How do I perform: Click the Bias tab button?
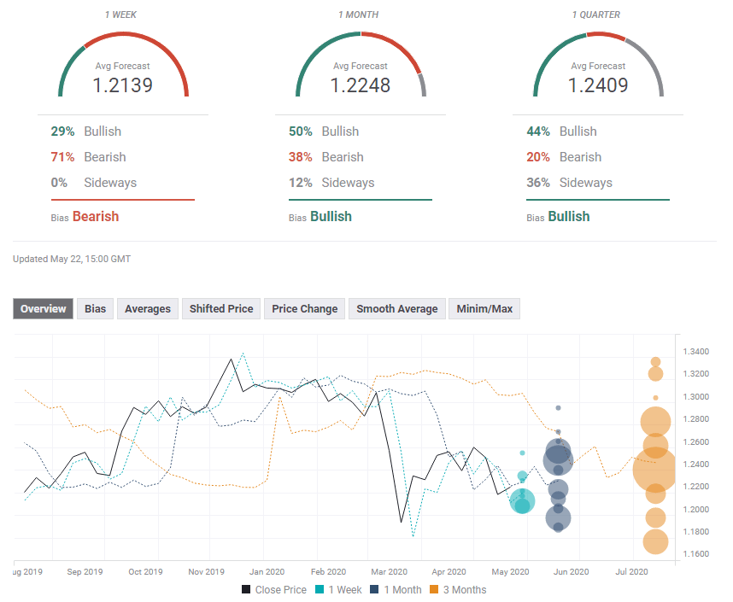(x=95, y=308)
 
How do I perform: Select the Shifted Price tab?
(x=221, y=308)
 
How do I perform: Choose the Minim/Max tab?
(x=484, y=308)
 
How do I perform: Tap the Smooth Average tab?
(x=396, y=308)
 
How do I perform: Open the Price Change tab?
(x=305, y=308)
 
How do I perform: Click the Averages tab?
(x=148, y=308)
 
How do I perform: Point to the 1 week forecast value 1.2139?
(x=123, y=85)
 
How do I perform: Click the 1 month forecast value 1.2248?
(x=361, y=85)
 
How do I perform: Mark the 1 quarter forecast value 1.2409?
(x=598, y=85)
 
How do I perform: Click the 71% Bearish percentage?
(x=62, y=157)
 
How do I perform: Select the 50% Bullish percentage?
(x=301, y=132)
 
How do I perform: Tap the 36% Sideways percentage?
(x=538, y=183)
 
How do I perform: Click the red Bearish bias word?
(x=96, y=217)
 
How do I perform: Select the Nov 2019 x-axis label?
(x=205, y=571)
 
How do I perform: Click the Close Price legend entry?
(x=274, y=589)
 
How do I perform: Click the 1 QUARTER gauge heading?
(x=597, y=15)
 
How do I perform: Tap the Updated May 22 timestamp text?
(x=72, y=259)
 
